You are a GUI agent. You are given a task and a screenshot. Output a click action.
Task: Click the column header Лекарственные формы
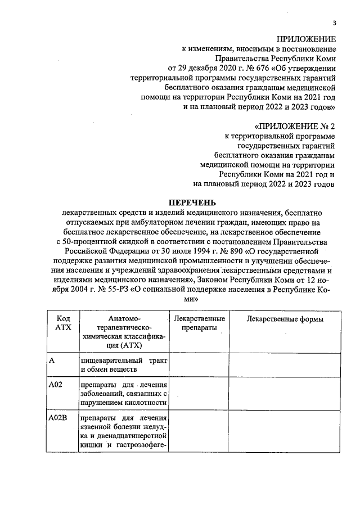click(285, 319)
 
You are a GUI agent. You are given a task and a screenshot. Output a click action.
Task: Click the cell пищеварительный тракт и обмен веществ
click(124, 364)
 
